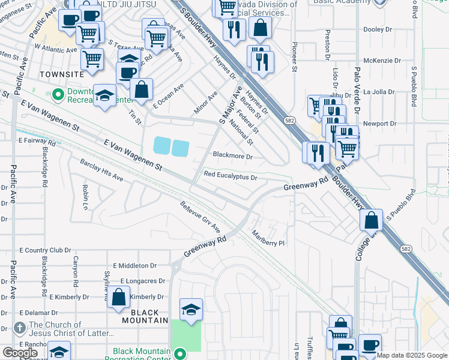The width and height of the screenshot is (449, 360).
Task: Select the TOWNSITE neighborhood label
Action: tap(61, 74)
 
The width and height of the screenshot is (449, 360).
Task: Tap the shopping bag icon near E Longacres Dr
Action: tap(119, 296)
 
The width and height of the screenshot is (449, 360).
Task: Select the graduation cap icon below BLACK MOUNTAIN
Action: tap(191, 309)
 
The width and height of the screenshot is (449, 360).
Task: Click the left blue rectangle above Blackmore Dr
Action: tap(161, 146)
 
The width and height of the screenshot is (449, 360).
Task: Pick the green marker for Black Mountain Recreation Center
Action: tap(180, 353)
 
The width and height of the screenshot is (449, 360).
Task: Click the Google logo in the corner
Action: tap(20, 353)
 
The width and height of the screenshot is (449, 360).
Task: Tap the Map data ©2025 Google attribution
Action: tap(412, 355)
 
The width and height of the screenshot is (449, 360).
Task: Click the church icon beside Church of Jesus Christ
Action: tap(19, 328)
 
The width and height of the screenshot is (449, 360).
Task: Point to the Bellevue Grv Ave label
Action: tap(200, 218)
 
